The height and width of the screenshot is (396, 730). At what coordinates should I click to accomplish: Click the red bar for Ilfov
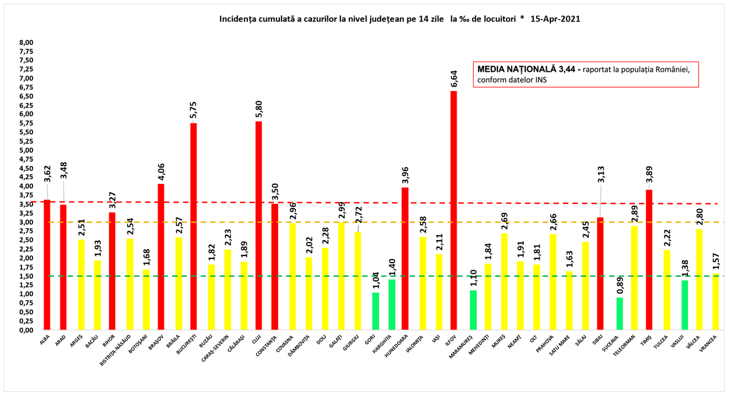[x=454, y=210]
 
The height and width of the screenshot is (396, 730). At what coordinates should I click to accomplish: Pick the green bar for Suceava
[x=619, y=314]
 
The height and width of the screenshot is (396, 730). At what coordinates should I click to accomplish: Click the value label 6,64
[x=454, y=78]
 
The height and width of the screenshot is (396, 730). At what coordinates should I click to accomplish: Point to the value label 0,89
[x=619, y=284]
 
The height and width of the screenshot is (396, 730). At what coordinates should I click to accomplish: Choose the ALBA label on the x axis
[x=45, y=340]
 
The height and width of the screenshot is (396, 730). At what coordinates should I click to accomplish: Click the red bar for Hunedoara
[x=405, y=258]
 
